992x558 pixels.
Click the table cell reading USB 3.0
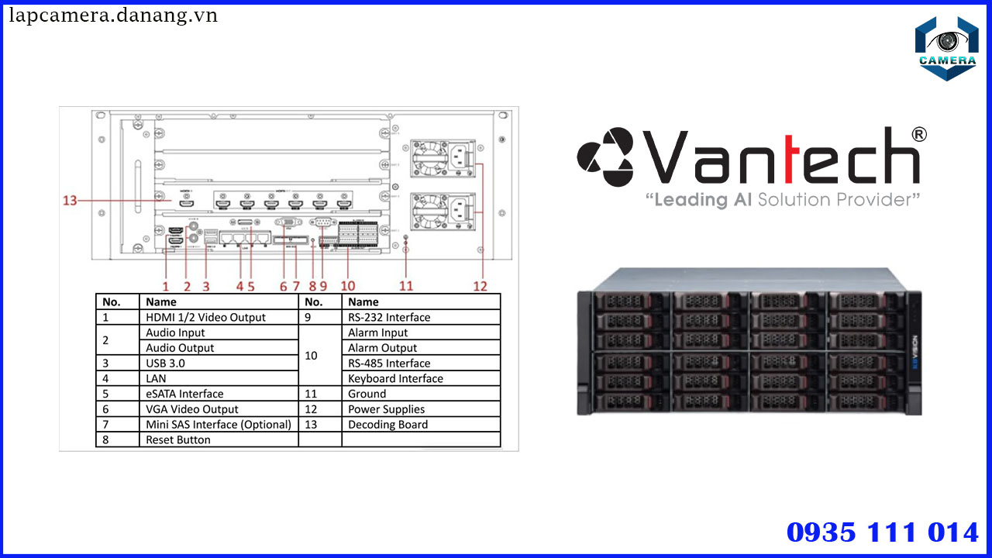tap(166, 363)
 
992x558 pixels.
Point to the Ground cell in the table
tap(367, 394)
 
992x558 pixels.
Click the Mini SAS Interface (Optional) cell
tap(219, 425)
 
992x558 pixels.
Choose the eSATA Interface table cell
tap(184, 394)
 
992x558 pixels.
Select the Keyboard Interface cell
tap(395, 378)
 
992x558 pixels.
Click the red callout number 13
tap(70, 201)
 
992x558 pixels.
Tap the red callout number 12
tap(480, 285)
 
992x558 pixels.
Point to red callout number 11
tap(406, 285)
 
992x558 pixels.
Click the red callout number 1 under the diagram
tap(165, 285)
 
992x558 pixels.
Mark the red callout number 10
tap(348, 285)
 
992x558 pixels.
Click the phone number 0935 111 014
tap(883, 532)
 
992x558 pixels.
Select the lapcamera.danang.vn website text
tap(113, 15)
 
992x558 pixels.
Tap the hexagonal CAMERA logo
tap(945, 48)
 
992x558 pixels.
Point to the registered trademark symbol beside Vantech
tap(919, 135)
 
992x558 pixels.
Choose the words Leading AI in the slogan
tap(702, 200)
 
